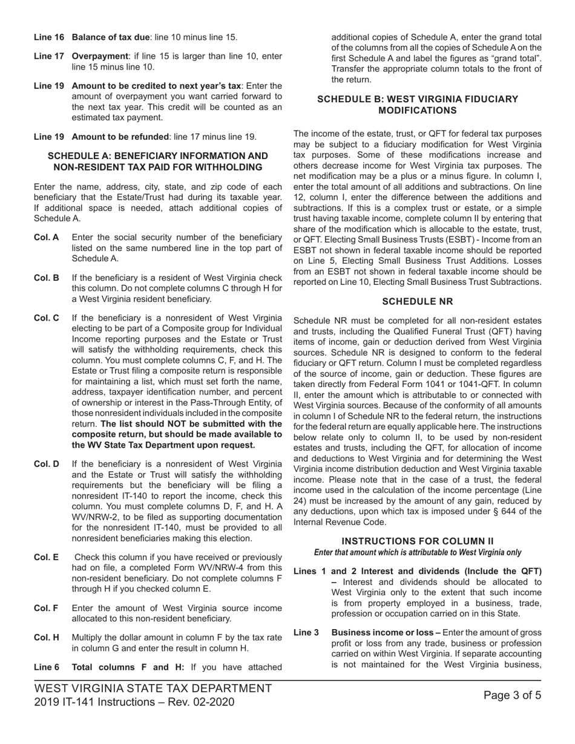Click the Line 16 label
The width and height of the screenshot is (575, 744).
[49, 38]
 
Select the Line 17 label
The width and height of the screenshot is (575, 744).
[49, 56]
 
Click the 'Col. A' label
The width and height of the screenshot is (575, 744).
[47, 237]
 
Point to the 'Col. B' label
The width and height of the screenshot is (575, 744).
[47, 278]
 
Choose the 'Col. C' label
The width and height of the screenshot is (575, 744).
[47, 318]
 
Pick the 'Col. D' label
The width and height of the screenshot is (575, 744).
[47, 464]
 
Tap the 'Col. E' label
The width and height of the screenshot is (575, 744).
[47, 557]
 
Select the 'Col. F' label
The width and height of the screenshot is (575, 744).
[47, 608]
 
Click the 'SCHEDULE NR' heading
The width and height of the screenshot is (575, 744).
[418, 301]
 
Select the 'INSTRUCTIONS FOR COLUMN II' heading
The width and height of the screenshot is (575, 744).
[418, 541]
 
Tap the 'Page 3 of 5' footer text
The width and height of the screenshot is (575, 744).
[513, 695]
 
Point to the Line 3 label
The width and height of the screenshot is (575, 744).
[306, 633]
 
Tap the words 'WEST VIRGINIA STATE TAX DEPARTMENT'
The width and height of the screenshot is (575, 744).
[153, 688]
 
